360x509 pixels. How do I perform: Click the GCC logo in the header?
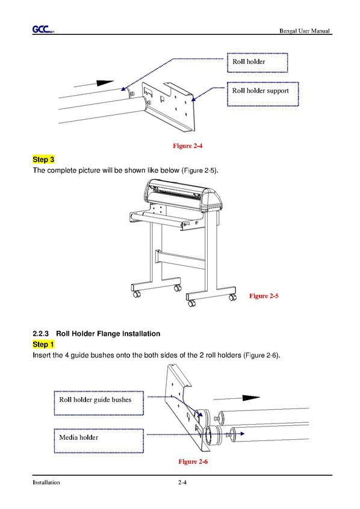(43, 29)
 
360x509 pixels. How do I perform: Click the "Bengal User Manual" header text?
(305, 31)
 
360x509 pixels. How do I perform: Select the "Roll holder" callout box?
(257, 63)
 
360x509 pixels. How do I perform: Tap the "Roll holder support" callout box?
(262, 94)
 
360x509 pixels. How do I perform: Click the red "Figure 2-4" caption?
(187, 146)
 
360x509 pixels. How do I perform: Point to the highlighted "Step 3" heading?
(43, 159)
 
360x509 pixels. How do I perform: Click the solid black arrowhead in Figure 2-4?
(105, 83)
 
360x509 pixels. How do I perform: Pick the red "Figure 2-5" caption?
(264, 296)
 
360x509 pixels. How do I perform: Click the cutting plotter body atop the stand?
(184, 196)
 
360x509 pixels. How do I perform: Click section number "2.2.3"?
(40, 334)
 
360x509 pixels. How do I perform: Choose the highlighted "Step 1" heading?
(43, 344)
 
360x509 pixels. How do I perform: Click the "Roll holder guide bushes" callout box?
(99, 403)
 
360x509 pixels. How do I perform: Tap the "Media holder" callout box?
(99, 441)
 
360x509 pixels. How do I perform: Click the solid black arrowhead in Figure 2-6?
(251, 398)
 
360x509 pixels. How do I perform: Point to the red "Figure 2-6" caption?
(193, 461)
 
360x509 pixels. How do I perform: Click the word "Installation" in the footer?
(46, 483)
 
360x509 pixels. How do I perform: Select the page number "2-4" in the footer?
(182, 483)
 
